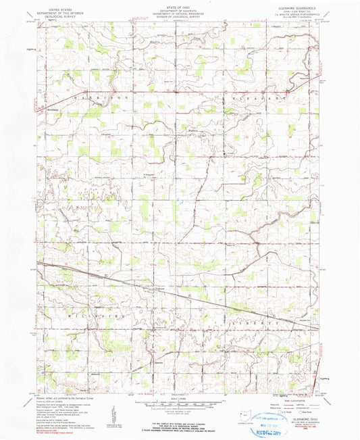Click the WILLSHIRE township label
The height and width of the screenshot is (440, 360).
pos(84,315)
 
